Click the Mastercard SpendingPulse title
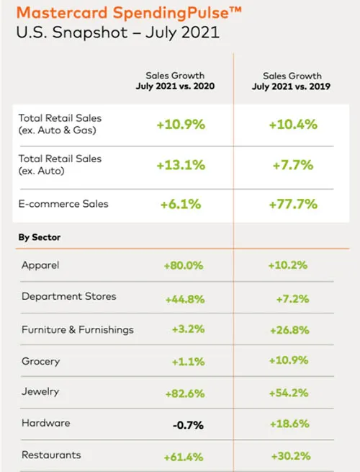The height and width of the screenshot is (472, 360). point(129,14)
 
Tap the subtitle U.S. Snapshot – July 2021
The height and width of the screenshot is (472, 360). point(117,33)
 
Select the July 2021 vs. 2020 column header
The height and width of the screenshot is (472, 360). point(175,86)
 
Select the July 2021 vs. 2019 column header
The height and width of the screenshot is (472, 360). point(291,86)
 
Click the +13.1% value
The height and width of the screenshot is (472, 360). point(181,165)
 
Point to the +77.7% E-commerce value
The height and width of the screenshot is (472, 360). point(293,205)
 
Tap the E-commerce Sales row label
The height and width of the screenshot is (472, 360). point(63,204)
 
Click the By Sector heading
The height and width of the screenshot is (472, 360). point(40,237)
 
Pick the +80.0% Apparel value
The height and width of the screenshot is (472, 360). point(184,265)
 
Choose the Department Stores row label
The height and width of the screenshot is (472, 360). point(69,296)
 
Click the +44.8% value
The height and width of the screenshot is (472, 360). point(185,299)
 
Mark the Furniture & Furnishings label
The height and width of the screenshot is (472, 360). point(78,330)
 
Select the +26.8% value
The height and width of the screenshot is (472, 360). point(289,330)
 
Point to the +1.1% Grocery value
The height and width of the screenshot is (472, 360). point(188,362)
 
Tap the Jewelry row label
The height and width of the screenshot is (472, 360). point(40,391)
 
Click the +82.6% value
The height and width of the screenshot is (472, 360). point(185,393)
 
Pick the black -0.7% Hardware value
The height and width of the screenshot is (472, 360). point(188,425)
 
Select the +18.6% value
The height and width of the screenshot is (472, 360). point(289,424)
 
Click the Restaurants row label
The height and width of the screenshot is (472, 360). point(51,455)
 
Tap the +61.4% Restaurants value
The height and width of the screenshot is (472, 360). point(184,458)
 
